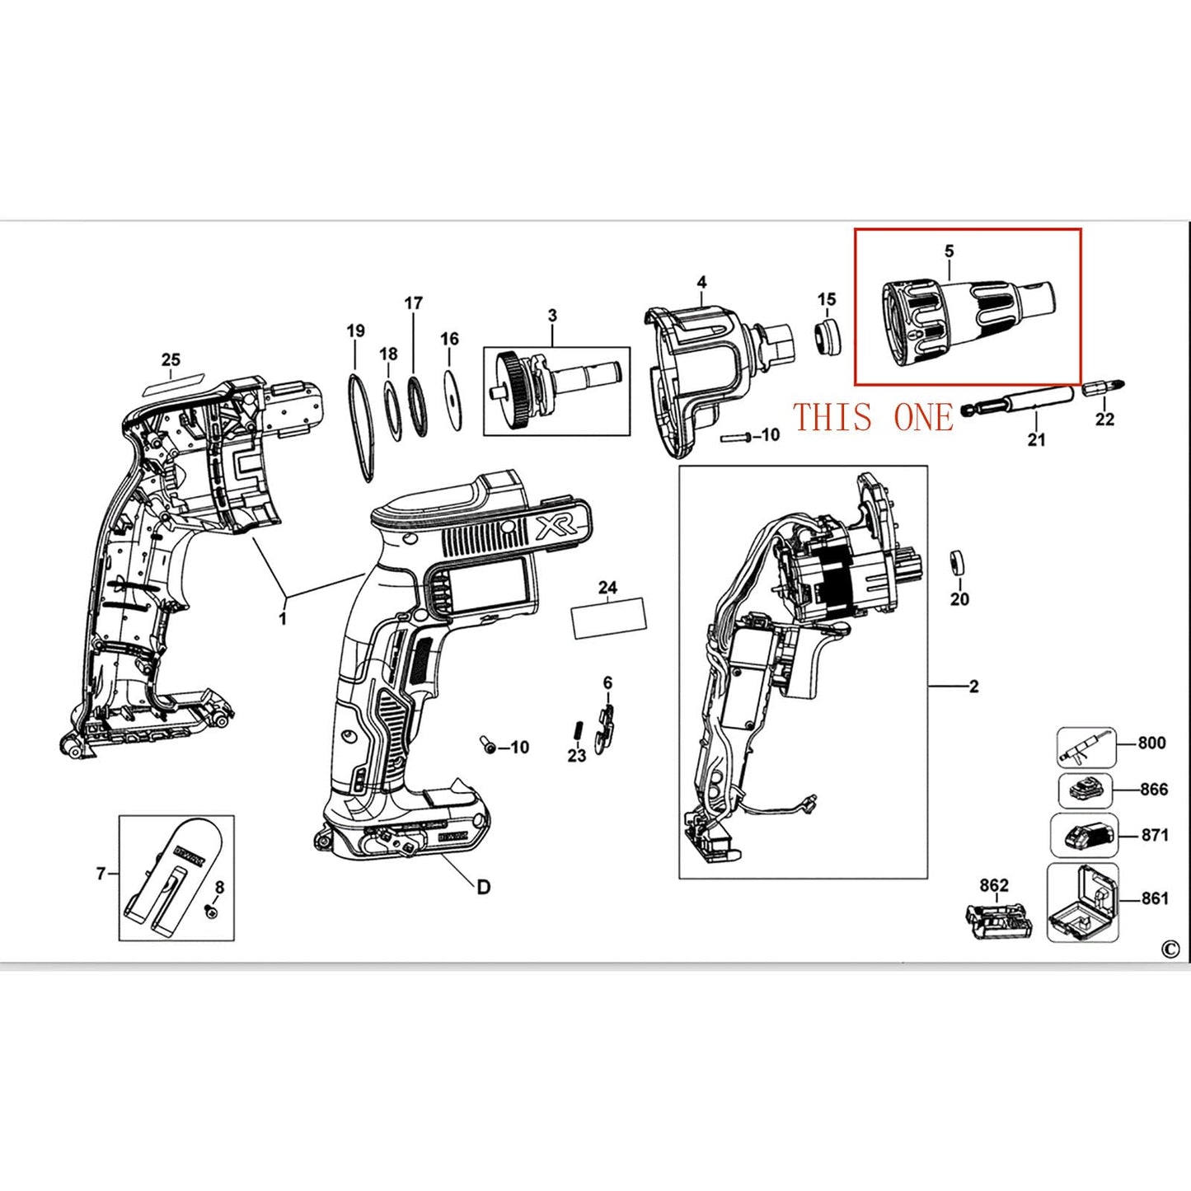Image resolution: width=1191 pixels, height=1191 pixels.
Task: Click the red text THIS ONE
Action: click(873, 418)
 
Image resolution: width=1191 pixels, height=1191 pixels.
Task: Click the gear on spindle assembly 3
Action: click(512, 390)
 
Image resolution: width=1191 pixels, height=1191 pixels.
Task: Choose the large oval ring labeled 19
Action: click(360, 426)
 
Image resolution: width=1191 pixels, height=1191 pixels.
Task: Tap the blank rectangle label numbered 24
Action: click(609, 619)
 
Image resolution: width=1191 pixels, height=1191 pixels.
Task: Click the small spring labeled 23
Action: click(577, 730)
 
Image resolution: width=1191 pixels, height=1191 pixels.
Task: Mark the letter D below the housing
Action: click(483, 887)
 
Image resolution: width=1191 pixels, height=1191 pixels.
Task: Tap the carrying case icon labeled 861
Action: click(1082, 903)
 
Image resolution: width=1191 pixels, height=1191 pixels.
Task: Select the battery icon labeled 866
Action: click(1085, 791)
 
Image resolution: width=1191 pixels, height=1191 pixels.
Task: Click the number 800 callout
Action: click(1151, 743)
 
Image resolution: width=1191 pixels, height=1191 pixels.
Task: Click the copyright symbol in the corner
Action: click(1170, 950)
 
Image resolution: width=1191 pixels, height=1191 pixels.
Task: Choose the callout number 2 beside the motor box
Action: click(973, 687)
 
